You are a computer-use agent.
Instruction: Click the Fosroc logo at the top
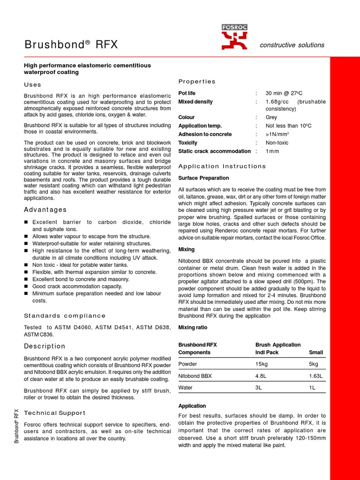click(234, 37)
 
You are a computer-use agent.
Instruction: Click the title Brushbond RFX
click(71, 45)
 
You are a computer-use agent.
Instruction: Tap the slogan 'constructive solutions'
click(292, 45)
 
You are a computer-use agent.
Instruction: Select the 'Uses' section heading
click(33, 85)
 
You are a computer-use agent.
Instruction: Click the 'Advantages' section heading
click(45, 210)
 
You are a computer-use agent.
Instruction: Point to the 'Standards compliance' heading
click(65, 315)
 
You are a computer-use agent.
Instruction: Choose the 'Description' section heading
click(45, 346)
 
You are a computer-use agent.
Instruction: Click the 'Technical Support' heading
click(54, 413)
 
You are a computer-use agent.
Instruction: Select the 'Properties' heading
click(197, 82)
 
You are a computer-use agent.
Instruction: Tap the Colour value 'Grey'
click(271, 117)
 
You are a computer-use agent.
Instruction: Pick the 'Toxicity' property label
click(188, 142)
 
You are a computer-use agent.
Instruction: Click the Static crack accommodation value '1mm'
click(272, 151)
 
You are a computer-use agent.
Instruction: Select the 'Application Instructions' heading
click(222, 166)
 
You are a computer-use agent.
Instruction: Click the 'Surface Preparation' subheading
click(204, 178)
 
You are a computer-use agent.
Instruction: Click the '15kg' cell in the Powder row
click(262, 364)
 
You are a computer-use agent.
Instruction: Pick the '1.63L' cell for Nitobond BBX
click(316, 376)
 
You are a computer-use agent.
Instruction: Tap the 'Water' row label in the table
click(186, 388)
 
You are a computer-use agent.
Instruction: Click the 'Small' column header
click(316, 352)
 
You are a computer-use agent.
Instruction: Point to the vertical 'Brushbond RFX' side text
click(16, 426)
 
